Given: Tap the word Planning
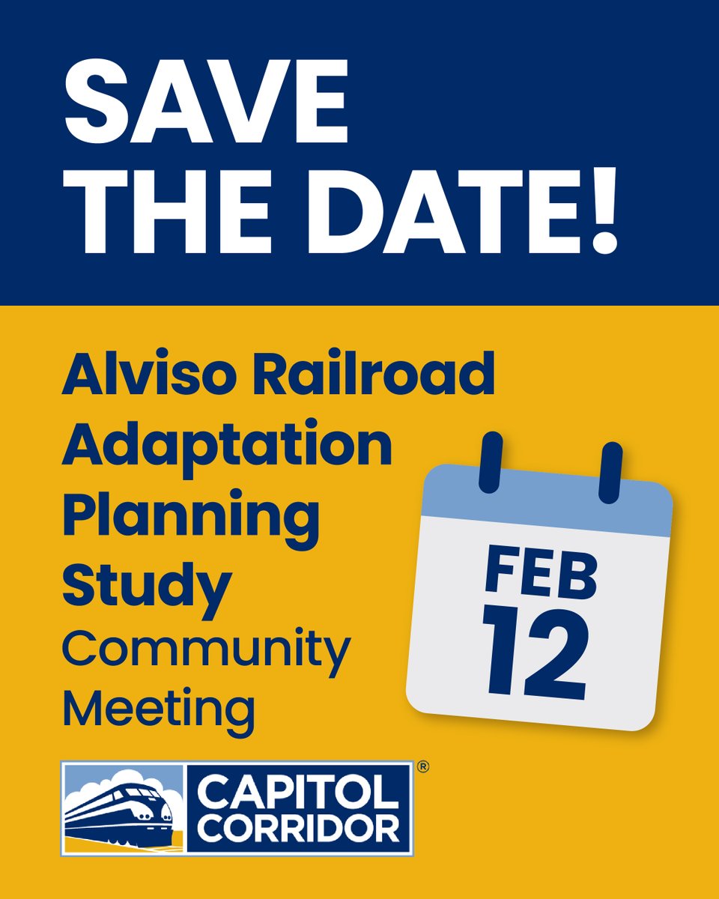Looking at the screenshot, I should point(191,515).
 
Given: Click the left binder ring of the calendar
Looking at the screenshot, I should point(490,461).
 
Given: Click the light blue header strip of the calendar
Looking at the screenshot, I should point(547,502).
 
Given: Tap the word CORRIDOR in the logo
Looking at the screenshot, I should point(298,829).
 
